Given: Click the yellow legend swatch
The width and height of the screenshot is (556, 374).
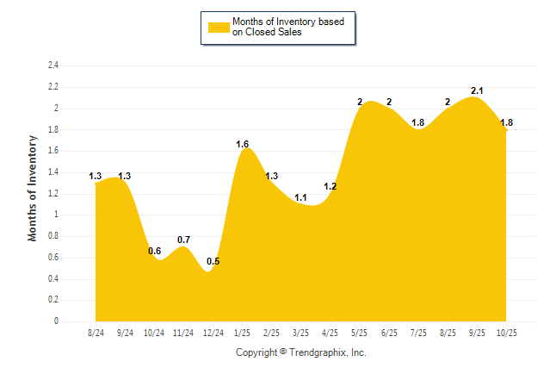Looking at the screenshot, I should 219,27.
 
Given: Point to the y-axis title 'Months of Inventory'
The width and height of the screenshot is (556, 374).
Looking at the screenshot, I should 33,187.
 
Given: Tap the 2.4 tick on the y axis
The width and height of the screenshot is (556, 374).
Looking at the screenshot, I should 53,65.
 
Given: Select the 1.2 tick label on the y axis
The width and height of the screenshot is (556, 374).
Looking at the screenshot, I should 53,193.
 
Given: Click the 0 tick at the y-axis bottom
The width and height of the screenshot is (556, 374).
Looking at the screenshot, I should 57,321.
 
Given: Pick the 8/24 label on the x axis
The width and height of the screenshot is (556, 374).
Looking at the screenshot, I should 96,333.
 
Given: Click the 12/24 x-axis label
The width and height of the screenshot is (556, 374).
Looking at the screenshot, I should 213,333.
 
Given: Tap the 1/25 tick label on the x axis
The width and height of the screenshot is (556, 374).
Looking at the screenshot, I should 243,333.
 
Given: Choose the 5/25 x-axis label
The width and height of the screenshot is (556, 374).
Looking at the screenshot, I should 360,333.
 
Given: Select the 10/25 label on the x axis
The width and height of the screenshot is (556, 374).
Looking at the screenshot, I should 506,333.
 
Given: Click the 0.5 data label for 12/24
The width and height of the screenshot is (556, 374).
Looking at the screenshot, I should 213,261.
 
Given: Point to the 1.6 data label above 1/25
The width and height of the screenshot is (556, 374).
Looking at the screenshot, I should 243,144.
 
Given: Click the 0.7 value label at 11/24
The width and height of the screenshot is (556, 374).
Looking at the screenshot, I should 183,240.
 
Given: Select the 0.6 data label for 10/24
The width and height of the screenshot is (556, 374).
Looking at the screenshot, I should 155,251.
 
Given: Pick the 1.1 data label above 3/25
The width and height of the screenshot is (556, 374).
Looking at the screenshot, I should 301,197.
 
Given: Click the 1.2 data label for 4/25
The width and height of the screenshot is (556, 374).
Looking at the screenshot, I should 331,186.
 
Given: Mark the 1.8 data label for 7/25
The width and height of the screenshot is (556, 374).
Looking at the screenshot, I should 418,122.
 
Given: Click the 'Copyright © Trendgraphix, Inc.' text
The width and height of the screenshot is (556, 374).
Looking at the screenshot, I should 300,352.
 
